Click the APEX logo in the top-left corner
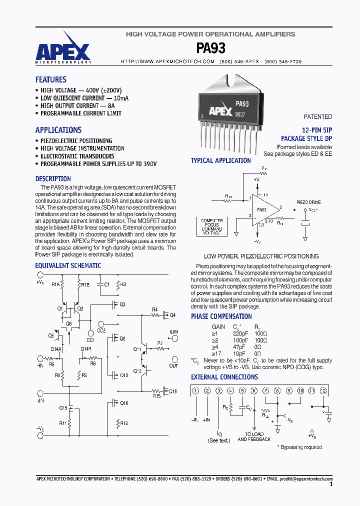[x=62, y=50]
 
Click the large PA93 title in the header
[x=210, y=48]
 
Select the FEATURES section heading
[x=50, y=79]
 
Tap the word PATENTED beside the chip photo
[x=317, y=116]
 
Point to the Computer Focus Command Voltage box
[x=211, y=226]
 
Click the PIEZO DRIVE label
[x=308, y=202]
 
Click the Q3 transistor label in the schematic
[x=122, y=304]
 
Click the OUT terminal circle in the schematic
[x=174, y=358]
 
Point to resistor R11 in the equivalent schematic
[x=63, y=423]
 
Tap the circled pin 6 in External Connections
[x=254, y=390]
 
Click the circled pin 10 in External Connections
[x=300, y=390]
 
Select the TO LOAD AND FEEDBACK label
[x=254, y=436]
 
